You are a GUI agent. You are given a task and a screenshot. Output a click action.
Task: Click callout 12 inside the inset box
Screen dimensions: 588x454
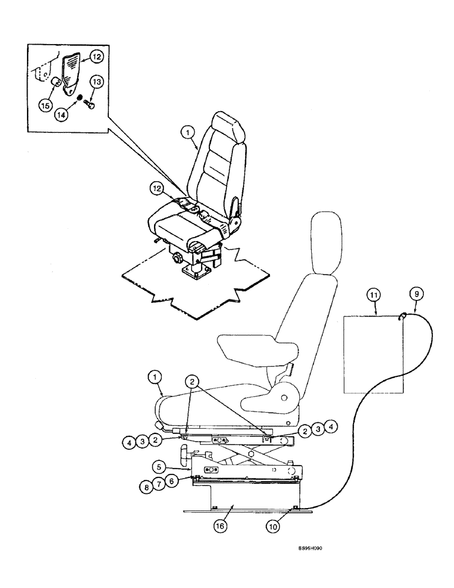(96, 57)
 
